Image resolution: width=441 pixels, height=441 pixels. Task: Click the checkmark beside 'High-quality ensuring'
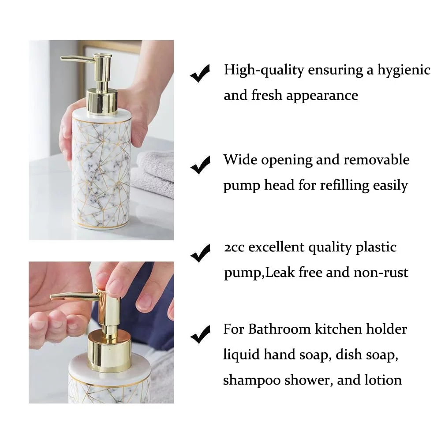200,73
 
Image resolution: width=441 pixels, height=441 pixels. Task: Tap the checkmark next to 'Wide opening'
200,165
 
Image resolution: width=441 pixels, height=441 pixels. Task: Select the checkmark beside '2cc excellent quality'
200,253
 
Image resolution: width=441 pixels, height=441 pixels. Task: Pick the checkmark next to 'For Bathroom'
200,335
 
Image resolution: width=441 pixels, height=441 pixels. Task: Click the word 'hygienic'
404,70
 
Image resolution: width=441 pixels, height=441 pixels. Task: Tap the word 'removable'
376,160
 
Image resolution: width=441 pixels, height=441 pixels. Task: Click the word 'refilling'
344,186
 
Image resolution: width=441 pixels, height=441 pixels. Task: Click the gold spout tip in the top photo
63,59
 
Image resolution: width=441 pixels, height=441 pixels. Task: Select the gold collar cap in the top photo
102,101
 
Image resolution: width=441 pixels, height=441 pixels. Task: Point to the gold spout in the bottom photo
75,296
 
